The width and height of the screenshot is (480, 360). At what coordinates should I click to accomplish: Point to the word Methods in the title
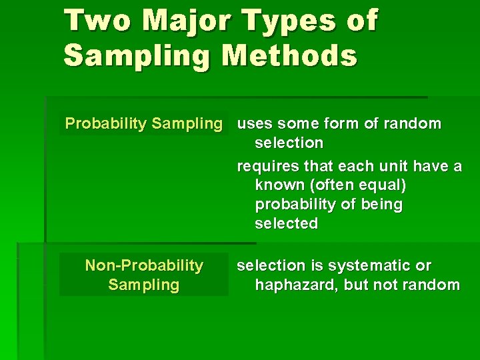[290, 55]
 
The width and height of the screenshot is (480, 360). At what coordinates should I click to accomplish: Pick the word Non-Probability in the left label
[144, 265]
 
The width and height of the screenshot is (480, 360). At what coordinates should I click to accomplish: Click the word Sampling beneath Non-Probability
[144, 285]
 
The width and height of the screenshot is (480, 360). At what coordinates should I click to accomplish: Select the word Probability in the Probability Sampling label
[105, 123]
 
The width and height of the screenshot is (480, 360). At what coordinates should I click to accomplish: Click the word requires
[267, 166]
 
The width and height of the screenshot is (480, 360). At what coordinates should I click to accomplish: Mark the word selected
[286, 223]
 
